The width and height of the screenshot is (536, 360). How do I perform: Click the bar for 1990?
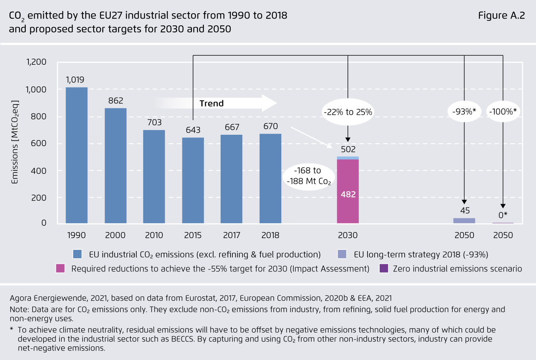[76, 155]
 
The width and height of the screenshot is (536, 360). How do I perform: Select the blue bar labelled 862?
[115, 166]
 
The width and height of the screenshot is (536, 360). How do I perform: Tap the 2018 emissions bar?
[270, 178]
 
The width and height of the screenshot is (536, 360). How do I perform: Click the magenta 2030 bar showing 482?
[348, 191]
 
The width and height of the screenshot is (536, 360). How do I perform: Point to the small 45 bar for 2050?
[464, 221]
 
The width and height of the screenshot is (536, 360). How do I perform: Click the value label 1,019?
[75, 80]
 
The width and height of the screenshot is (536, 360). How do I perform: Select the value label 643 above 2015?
[193, 130]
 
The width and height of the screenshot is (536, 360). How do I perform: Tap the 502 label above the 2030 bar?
[348, 150]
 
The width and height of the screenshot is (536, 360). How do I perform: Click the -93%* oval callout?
[464, 112]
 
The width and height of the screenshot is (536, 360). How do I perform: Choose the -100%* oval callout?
[503, 112]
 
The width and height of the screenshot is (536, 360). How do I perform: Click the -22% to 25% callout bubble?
[348, 112]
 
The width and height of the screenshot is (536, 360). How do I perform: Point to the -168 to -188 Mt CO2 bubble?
[309, 176]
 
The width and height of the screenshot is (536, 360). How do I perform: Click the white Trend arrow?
[216, 103]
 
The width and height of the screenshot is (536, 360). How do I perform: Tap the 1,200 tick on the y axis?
[36, 62]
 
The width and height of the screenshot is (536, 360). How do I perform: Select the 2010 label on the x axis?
[154, 235]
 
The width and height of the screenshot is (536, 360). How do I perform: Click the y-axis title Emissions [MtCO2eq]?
[15, 142]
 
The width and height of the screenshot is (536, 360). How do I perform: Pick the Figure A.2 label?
[501, 16]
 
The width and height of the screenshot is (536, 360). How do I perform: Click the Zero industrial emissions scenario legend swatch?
[384, 268]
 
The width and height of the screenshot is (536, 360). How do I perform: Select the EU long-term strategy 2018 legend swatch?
[342, 254]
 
